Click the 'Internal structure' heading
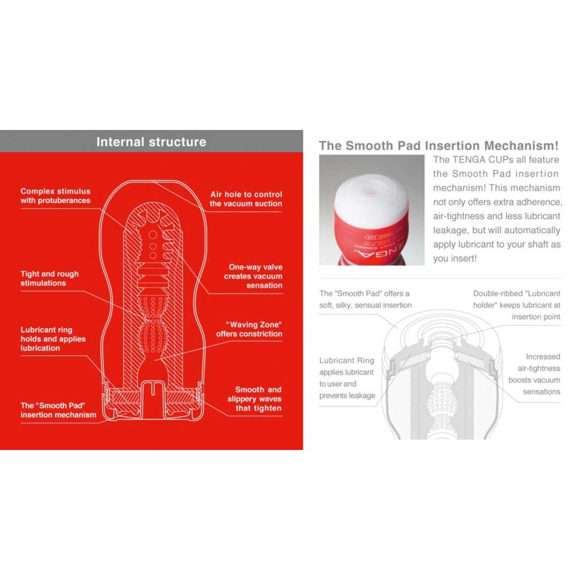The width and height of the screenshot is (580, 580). click(x=151, y=142)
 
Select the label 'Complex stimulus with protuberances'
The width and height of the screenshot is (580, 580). click(x=55, y=195)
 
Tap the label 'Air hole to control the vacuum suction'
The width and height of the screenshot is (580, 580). click(x=245, y=199)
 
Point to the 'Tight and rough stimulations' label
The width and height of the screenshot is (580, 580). click(x=49, y=278)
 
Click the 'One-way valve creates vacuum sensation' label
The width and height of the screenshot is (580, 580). click(x=253, y=276)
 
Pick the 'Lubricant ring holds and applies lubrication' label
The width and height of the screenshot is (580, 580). click(x=53, y=339)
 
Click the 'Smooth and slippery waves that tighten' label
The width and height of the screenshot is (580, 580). click(x=254, y=398)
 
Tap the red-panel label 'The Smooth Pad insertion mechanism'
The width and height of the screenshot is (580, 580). click(x=59, y=410)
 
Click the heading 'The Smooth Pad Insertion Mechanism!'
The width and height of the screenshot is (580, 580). click(x=438, y=146)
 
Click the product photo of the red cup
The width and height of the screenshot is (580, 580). click(x=372, y=210)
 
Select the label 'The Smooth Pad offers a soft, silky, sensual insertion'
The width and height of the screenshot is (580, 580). click(x=365, y=299)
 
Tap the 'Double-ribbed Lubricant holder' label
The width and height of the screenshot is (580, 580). click(x=516, y=305)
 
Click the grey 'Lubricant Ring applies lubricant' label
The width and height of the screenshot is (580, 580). click(x=346, y=378)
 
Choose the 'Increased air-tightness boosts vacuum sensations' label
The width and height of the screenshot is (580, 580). click(x=534, y=374)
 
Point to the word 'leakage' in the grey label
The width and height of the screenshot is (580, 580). click(x=361, y=396)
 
